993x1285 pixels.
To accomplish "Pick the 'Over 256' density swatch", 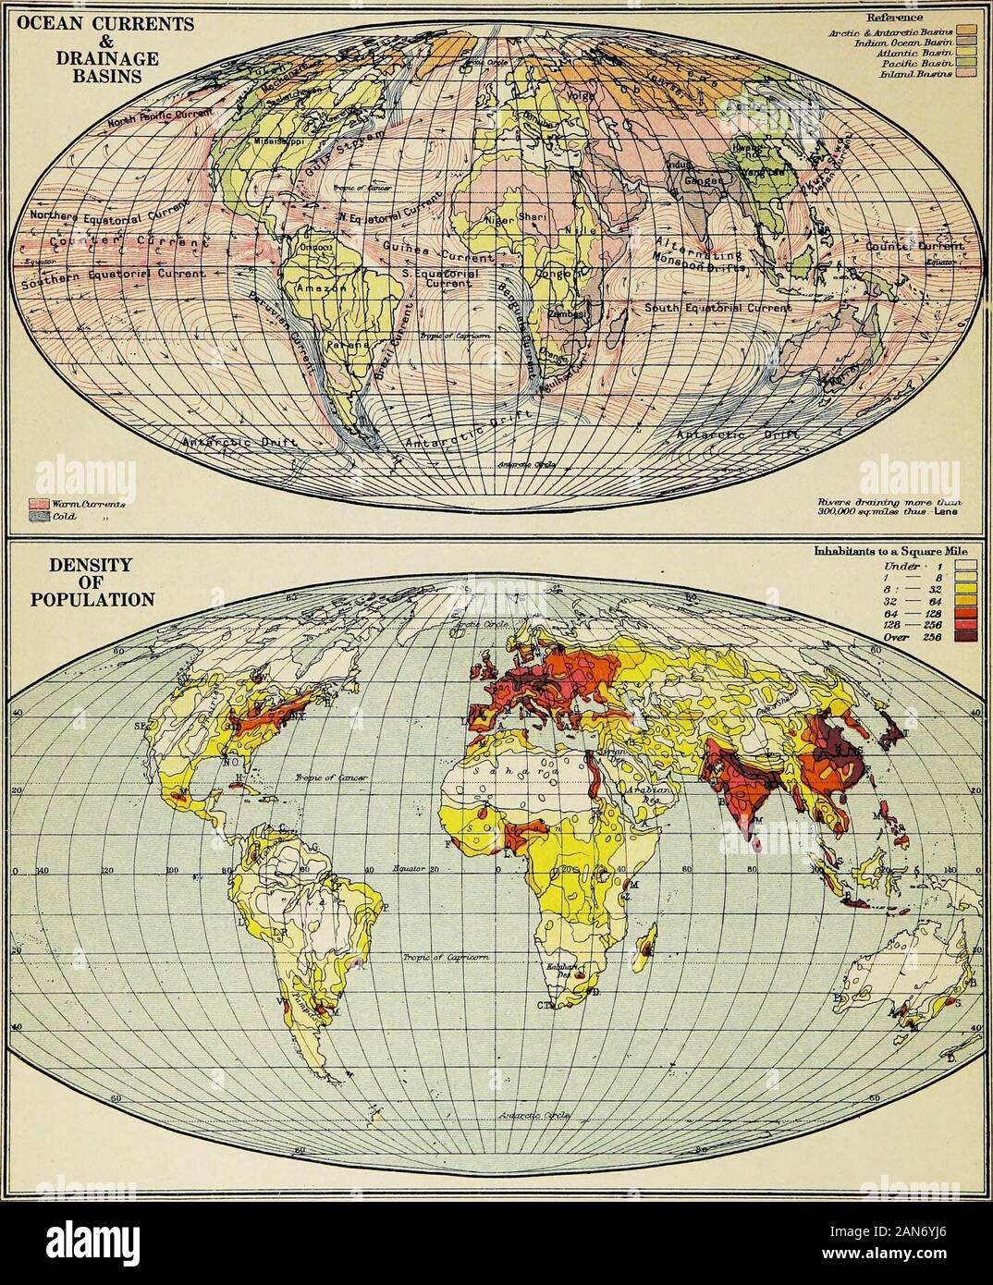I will (977, 645).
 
